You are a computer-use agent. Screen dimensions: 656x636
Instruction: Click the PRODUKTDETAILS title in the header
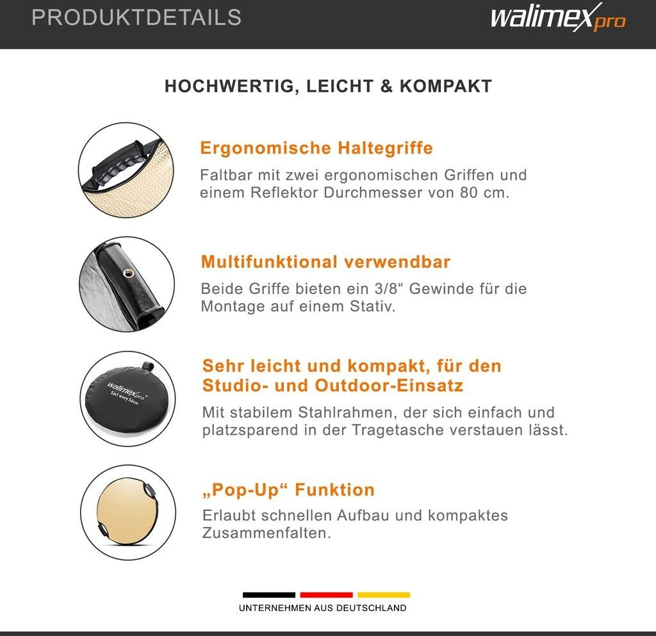136,17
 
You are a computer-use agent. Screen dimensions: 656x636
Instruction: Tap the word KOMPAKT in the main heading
446,86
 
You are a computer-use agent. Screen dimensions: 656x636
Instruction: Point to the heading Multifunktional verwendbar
325,262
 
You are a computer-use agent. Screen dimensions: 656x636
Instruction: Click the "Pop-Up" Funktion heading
289,490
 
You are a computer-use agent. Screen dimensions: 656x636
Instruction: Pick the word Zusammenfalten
266,533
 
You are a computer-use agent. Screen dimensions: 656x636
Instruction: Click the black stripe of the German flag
269,595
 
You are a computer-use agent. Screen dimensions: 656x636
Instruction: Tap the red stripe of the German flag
326,595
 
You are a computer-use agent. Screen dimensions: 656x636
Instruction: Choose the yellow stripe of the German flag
384,595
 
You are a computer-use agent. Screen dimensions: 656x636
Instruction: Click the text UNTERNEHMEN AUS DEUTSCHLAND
323,608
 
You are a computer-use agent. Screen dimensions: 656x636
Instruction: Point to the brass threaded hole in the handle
127,273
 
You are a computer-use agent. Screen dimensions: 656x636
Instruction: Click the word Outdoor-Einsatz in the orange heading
389,386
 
